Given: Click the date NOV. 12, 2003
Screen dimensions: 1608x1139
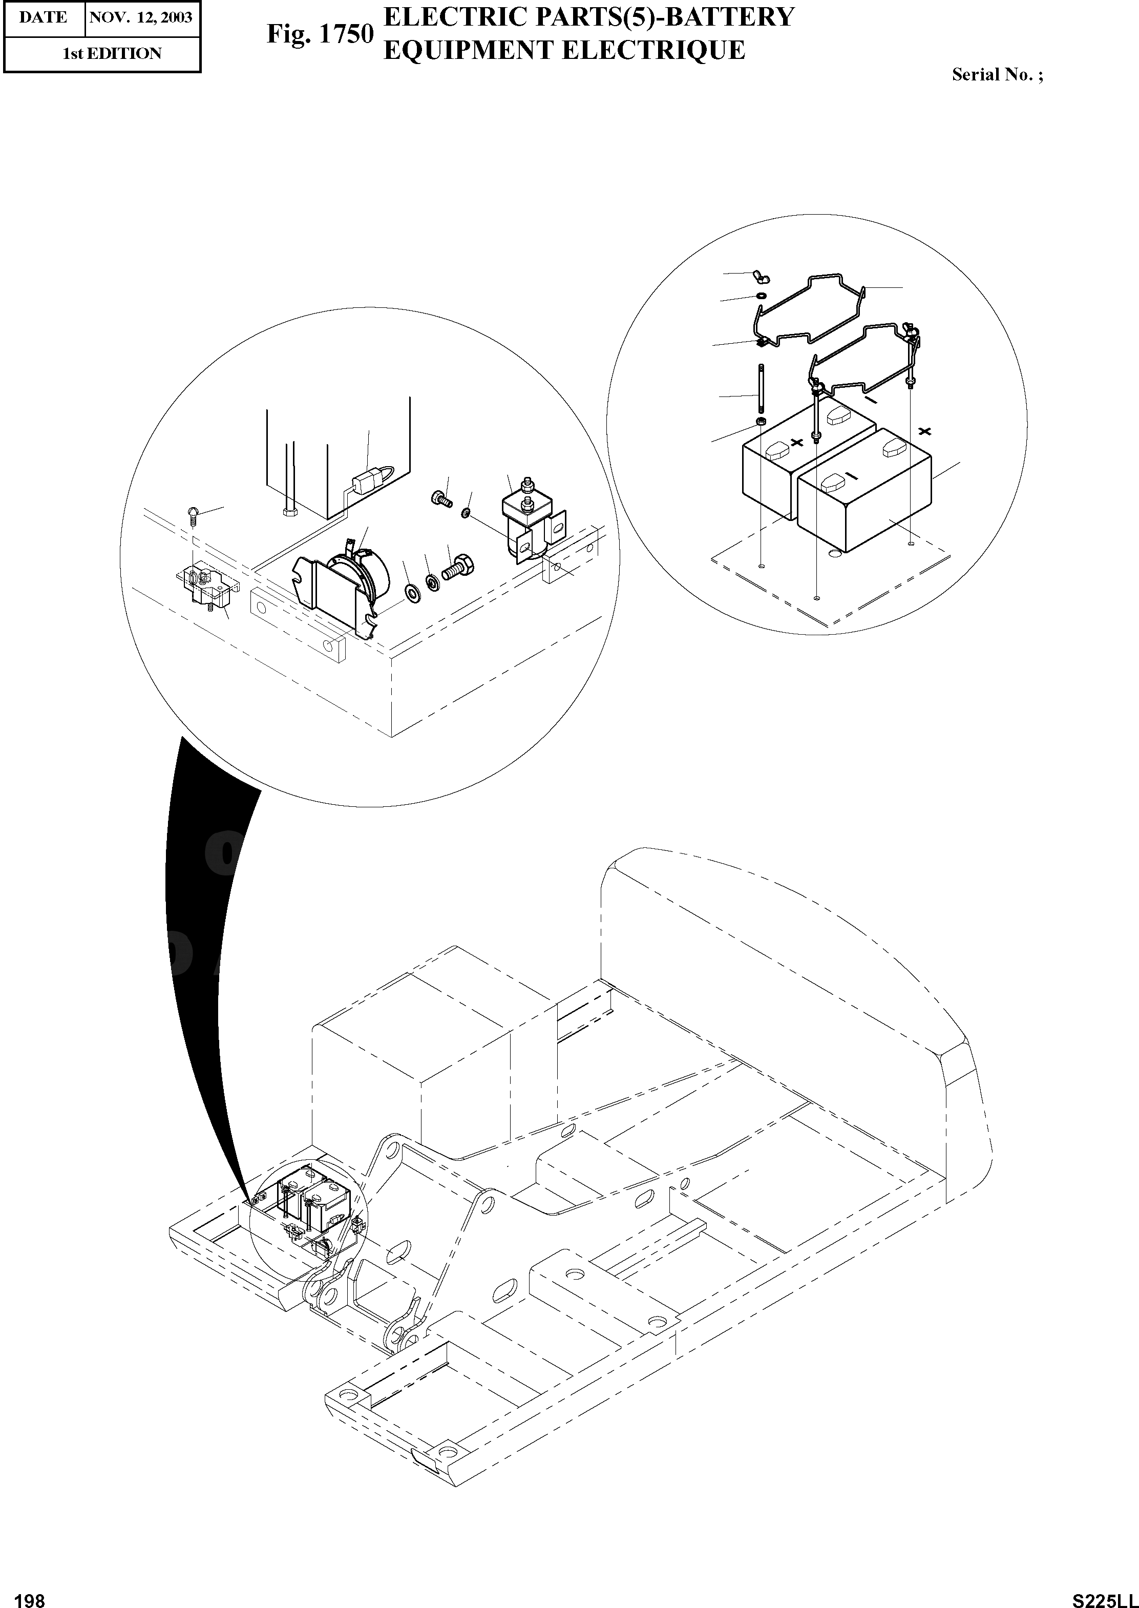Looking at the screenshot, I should (x=141, y=17).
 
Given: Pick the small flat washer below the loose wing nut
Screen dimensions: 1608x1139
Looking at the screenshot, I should (x=760, y=296).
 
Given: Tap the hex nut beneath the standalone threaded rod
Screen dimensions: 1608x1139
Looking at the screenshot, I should (x=760, y=423).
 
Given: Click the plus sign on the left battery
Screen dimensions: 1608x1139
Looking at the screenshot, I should (x=797, y=442).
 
